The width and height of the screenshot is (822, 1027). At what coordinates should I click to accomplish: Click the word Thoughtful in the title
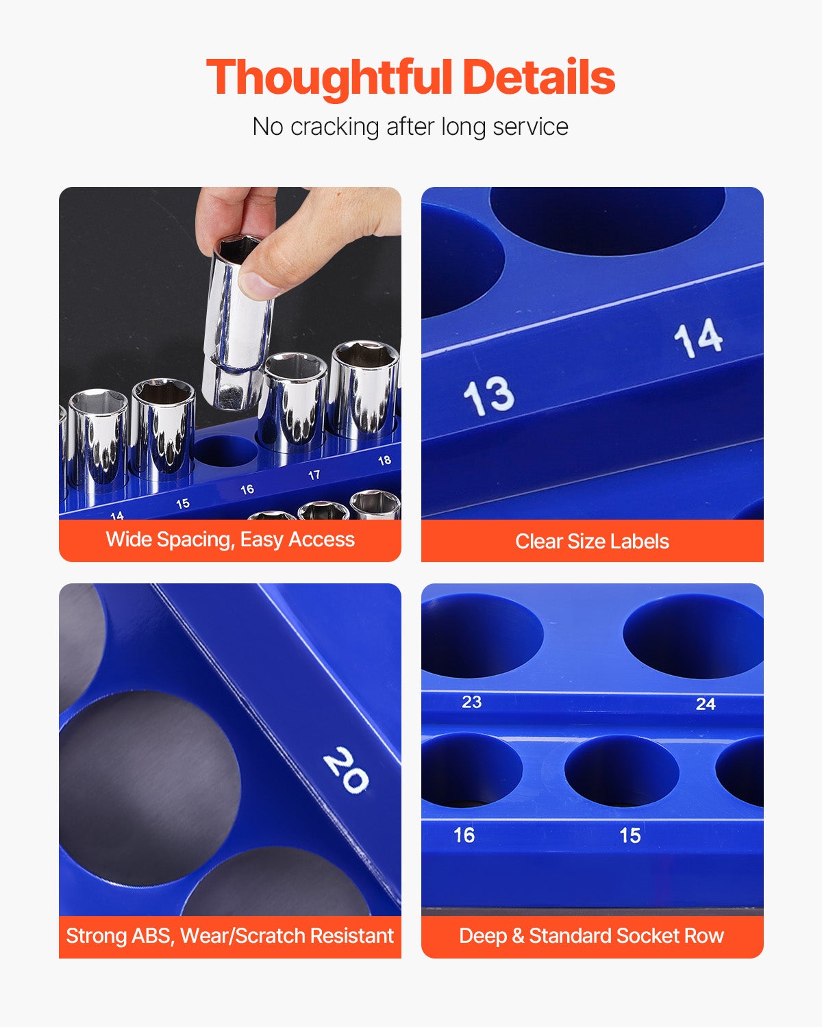[x=329, y=78]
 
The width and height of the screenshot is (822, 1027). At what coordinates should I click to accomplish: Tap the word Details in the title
[x=539, y=77]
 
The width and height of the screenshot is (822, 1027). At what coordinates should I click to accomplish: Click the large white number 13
[x=488, y=395]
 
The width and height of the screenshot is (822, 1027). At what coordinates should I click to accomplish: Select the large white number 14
[x=698, y=338]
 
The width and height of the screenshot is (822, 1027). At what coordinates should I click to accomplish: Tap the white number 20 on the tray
[x=346, y=770]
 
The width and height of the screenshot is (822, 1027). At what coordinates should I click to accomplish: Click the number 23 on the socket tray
[x=471, y=702]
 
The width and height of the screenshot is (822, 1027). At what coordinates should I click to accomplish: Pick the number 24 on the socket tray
[x=706, y=703]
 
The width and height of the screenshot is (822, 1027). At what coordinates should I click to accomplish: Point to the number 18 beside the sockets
[x=384, y=460]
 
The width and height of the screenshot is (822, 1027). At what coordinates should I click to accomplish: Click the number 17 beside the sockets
[x=314, y=475]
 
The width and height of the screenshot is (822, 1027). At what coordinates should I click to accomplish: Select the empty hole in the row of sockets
[x=226, y=451]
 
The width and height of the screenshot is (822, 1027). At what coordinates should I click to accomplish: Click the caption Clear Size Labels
[x=592, y=541]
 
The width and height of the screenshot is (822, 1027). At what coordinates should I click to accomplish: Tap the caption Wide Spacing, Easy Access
[x=229, y=540]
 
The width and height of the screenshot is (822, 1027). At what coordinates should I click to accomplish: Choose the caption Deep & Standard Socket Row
[x=591, y=935]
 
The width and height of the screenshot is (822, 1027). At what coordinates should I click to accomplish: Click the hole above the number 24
[x=693, y=637]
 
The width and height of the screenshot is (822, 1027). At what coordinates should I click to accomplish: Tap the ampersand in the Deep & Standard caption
[x=518, y=935]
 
